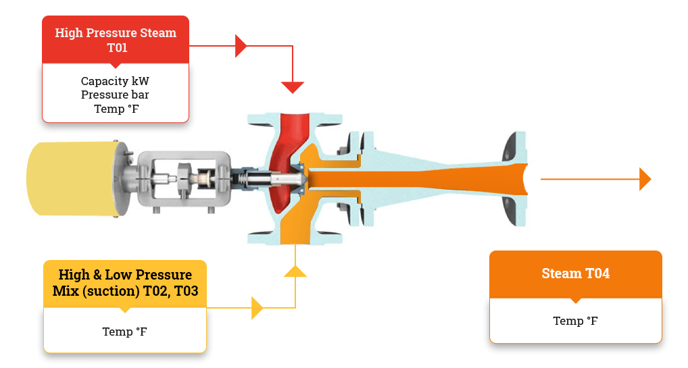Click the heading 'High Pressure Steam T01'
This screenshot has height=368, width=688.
[x=115, y=40]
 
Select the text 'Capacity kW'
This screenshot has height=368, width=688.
[x=115, y=81]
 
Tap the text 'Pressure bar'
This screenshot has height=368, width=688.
[x=115, y=95]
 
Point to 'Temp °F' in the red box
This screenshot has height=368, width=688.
[x=116, y=108]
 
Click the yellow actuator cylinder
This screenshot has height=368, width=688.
[x=71, y=178]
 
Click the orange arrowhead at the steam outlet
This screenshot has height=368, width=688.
[x=645, y=179]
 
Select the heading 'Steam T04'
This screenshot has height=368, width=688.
[x=575, y=273]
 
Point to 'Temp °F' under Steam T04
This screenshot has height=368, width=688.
[x=575, y=321]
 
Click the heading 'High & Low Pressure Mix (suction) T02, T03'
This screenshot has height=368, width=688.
[x=125, y=283]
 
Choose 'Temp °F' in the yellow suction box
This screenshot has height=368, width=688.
[x=124, y=332]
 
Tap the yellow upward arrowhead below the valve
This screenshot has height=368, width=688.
[x=295, y=271]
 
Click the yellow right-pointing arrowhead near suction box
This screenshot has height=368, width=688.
[x=257, y=308]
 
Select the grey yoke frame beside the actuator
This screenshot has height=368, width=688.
[x=186, y=178]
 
